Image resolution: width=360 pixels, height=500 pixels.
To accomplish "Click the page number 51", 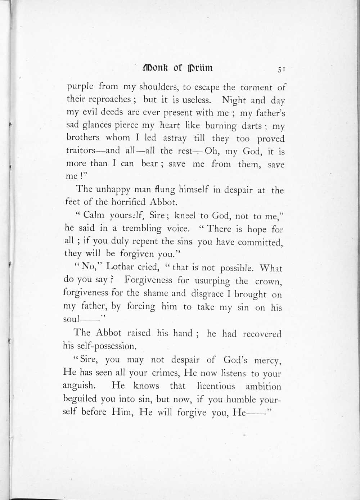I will (282, 69).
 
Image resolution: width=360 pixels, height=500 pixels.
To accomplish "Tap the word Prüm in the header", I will (201, 68).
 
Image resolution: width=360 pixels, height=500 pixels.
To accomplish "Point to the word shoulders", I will (159, 87).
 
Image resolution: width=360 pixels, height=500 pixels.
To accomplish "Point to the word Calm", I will (94, 215).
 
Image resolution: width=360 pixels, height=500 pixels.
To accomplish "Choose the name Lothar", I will (120, 267).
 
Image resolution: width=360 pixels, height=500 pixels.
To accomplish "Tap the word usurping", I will (212, 280).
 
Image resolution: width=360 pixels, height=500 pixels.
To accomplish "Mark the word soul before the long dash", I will (71, 319).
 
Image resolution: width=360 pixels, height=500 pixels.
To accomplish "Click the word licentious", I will (216, 386).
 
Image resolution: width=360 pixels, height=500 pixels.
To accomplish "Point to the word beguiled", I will (80, 399).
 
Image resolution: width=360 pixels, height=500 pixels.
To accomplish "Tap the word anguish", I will (79, 386).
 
